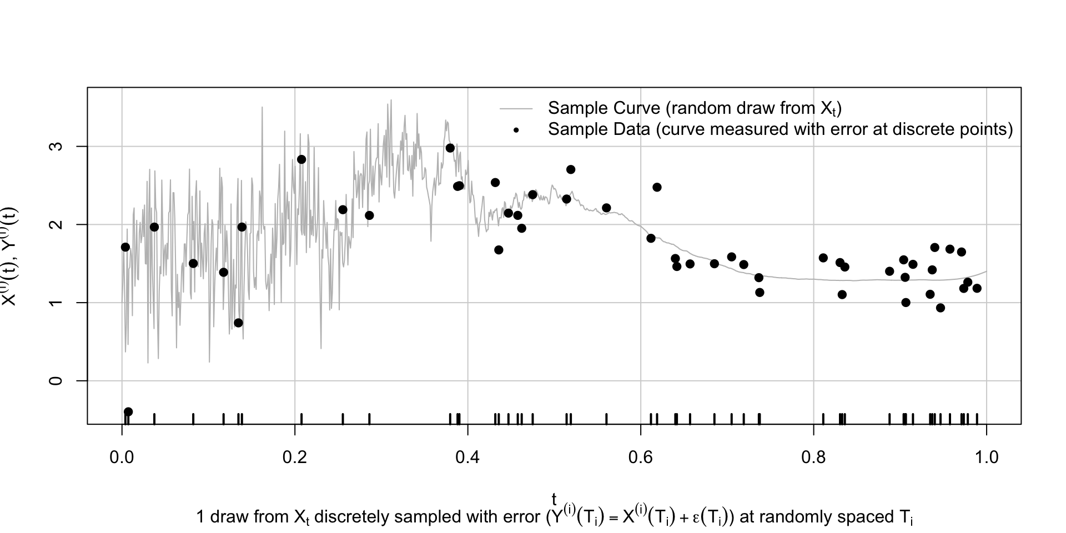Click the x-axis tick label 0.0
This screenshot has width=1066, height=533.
pos(122,458)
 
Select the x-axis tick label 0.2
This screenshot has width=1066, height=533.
pos(295,458)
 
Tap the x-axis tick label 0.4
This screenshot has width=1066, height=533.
pos(467,458)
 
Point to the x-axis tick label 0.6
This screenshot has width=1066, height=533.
pos(641,458)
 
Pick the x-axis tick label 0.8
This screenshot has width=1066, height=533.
pos(813,458)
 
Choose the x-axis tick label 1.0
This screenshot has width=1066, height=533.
pos(986,458)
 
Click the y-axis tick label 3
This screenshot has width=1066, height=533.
pos(56,147)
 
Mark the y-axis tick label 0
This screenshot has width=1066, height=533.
pos(56,381)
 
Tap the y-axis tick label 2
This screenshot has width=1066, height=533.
pos(56,224)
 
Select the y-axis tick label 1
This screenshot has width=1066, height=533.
pos(56,303)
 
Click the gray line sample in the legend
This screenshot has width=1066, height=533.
pos(516,108)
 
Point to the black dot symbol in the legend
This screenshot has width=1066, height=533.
pos(516,130)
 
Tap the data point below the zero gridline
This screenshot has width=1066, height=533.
pos(128,411)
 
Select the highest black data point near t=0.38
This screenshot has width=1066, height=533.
pos(450,148)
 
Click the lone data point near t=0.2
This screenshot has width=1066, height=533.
pos(301,159)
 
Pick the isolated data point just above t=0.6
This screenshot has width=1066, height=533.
pos(657,187)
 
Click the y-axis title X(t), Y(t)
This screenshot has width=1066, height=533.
pos(11,256)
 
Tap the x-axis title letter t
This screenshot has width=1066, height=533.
pos(554,499)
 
